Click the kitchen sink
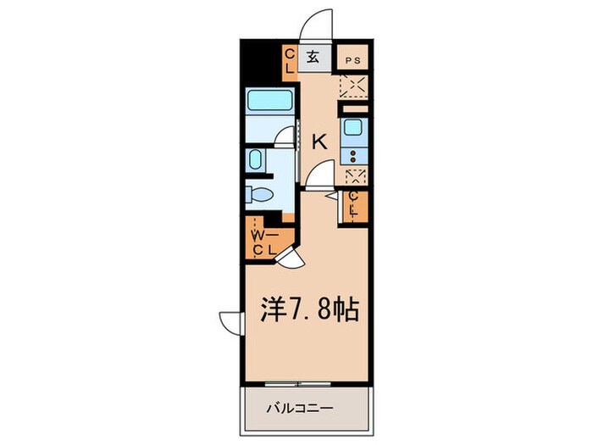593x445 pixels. tap(352, 130)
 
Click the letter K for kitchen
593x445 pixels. tap(320, 142)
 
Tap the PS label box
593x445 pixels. tap(353, 60)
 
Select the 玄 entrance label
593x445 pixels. tap(313, 58)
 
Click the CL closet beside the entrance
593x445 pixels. tap(289, 62)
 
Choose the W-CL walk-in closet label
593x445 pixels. tap(262, 242)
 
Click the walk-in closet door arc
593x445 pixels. tap(291, 259)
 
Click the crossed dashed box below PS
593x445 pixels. tap(352, 86)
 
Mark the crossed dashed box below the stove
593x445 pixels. tap(352, 176)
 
